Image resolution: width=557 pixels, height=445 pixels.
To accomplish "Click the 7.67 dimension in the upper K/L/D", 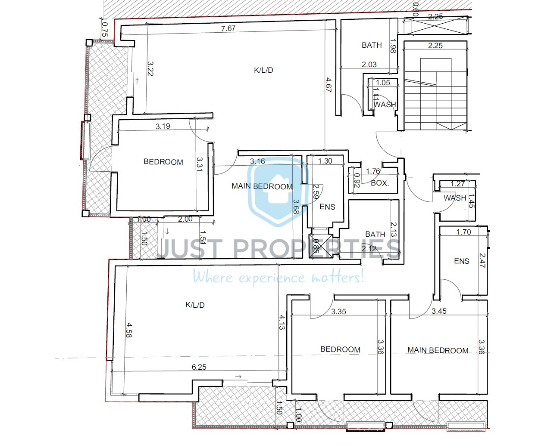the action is pyautogui.click(x=228, y=28).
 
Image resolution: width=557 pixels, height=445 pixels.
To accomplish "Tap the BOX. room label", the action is pyautogui.click(x=380, y=183).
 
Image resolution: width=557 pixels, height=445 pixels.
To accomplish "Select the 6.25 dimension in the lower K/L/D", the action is pyautogui.click(x=199, y=367).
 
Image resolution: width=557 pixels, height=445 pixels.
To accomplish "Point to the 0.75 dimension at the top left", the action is pyautogui.click(x=105, y=29).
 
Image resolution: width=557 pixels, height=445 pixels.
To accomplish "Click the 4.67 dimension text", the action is pyautogui.click(x=329, y=85).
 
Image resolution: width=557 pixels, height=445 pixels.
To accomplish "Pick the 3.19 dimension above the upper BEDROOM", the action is pyautogui.click(x=163, y=126).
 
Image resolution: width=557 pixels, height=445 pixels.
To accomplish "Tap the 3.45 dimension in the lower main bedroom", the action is pyautogui.click(x=439, y=311).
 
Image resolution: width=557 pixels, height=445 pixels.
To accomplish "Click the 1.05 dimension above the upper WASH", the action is pyautogui.click(x=383, y=83).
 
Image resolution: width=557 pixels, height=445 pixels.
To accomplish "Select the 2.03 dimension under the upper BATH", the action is pyautogui.click(x=369, y=65).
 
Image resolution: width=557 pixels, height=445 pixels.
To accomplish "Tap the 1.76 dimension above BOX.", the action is pyautogui.click(x=373, y=171).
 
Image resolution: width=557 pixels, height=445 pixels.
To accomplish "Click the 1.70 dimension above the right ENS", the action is pyautogui.click(x=463, y=232).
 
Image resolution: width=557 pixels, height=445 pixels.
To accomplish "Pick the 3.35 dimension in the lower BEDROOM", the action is pyautogui.click(x=338, y=312).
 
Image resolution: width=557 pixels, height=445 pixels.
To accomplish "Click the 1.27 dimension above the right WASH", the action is pyautogui.click(x=457, y=184).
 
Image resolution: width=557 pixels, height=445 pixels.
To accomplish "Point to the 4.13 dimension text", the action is pyautogui.click(x=282, y=322).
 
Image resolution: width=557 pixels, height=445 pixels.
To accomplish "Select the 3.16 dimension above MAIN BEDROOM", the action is pyautogui.click(x=257, y=161).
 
